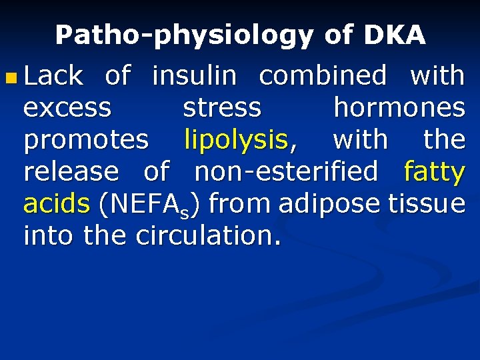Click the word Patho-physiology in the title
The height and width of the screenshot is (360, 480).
click(x=183, y=35)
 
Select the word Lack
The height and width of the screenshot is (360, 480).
click(x=53, y=77)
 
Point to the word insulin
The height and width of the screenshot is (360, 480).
click(x=194, y=77)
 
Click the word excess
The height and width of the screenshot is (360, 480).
click(x=67, y=109)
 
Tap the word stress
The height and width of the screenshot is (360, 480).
click(x=222, y=109)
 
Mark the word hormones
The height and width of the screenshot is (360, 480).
click(x=399, y=109)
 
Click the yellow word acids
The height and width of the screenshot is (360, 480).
click(x=56, y=204)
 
